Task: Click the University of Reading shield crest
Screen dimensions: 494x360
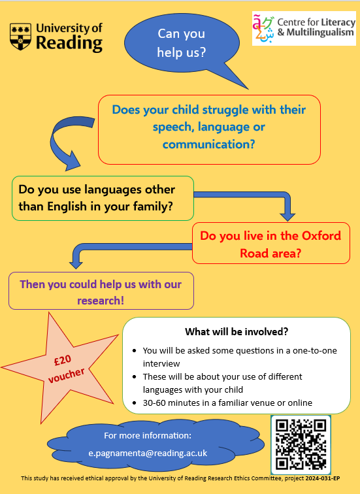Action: click(x=22, y=37)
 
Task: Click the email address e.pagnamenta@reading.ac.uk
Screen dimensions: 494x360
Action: click(x=148, y=452)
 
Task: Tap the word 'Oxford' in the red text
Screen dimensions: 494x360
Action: click(x=320, y=236)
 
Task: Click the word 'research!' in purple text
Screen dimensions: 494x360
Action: click(x=101, y=301)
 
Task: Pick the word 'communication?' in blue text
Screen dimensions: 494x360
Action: click(x=209, y=144)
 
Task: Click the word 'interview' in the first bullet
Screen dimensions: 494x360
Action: click(x=162, y=363)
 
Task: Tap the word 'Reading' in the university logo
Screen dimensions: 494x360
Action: click(x=69, y=44)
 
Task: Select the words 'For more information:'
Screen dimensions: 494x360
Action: click(x=148, y=435)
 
